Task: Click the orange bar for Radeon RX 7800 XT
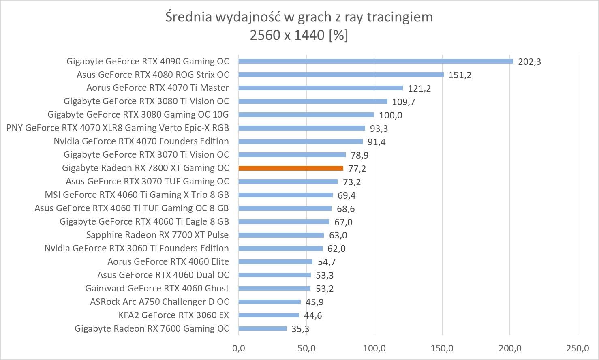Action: click(291, 168)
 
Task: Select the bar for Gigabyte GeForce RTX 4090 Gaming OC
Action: click(376, 61)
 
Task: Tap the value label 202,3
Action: click(529, 62)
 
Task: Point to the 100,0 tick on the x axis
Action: click(374, 348)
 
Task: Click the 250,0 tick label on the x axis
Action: click(578, 348)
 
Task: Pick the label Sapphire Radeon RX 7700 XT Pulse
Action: click(157, 235)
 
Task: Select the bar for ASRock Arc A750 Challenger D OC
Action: click(270, 302)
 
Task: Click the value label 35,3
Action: click(300, 329)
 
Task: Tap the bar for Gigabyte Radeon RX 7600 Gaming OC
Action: click(263, 329)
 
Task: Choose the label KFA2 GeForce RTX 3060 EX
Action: click(173, 315)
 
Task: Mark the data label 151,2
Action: click(460, 75)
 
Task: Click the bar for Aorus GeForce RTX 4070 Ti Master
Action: click(321, 88)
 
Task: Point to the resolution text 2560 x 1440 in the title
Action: click(287, 36)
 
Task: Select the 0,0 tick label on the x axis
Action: click(238, 348)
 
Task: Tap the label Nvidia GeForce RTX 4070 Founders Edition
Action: click(141, 141)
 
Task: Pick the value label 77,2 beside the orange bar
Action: click(357, 169)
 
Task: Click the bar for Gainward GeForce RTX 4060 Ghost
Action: click(274, 289)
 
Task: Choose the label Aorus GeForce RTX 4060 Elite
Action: click(168, 262)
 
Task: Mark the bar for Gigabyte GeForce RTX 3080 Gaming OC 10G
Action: click(306, 115)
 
